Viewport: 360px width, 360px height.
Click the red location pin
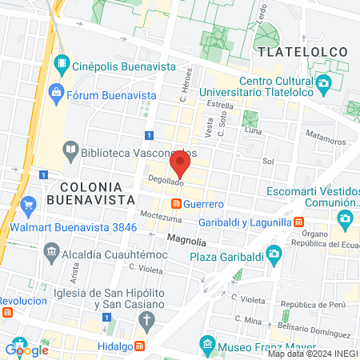pyautogui.click(x=180, y=166)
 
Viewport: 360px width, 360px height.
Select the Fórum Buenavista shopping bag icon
pyautogui.click(x=56, y=93)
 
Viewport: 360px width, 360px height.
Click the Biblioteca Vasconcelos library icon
pyautogui.click(x=70, y=150)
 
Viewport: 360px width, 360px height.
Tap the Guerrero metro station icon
pyautogui.click(x=174, y=205)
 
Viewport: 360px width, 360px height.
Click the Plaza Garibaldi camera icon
pyautogui.click(x=274, y=255)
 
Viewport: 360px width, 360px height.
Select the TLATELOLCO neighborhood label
pyautogui.click(x=302, y=52)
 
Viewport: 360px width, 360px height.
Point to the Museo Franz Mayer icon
pyautogui.click(x=207, y=346)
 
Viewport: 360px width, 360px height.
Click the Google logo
pyautogui.click(x=27, y=350)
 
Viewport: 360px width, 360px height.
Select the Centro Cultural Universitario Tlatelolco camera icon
pyautogui.click(x=323, y=82)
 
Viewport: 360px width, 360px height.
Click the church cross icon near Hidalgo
pyautogui.click(x=146, y=321)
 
